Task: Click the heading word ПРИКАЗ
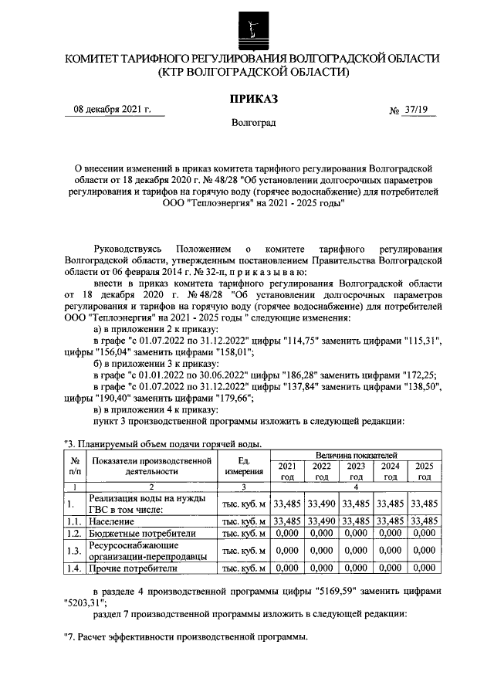click(252, 99)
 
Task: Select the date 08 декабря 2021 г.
click(111, 110)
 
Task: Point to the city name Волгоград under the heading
click(252, 123)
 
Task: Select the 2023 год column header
click(356, 471)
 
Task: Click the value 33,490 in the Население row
click(321, 521)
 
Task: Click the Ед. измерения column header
click(244, 467)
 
